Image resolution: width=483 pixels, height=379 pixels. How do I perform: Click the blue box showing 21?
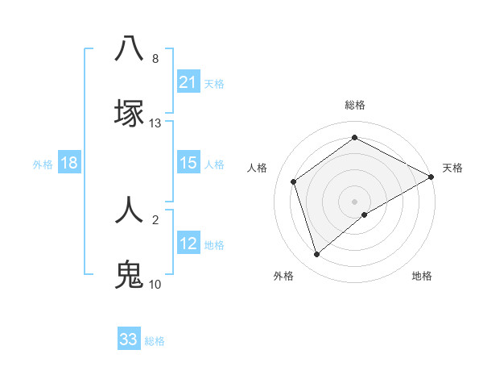[x=188, y=82]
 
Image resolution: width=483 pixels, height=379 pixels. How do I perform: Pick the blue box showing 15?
[x=188, y=163]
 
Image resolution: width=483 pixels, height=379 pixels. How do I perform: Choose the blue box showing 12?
[x=188, y=244]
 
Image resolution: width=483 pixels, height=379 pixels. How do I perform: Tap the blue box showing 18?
[x=69, y=163]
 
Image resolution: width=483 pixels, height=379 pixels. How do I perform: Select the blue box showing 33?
[x=129, y=339]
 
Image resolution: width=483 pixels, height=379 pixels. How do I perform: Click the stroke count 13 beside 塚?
[x=155, y=123]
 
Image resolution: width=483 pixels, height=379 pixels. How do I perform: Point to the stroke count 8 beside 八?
[x=155, y=59]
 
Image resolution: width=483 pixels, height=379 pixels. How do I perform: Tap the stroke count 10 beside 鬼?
[x=155, y=285]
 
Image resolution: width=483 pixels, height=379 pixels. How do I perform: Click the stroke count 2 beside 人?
[x=155, y=219]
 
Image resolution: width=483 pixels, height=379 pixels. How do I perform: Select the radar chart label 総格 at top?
[x=355, y=105]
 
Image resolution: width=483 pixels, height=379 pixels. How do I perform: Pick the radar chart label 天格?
[x=452, y=168]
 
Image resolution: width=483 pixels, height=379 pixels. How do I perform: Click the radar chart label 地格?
[x=422, y=276]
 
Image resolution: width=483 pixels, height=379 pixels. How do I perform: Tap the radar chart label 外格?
[x=283, y=276]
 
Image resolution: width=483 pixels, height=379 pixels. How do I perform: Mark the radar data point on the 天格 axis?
[x=431, y=177]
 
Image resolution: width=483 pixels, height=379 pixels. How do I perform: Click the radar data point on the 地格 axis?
[x=365, y=214]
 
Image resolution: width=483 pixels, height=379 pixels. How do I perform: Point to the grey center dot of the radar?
[x=355, y=201]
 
